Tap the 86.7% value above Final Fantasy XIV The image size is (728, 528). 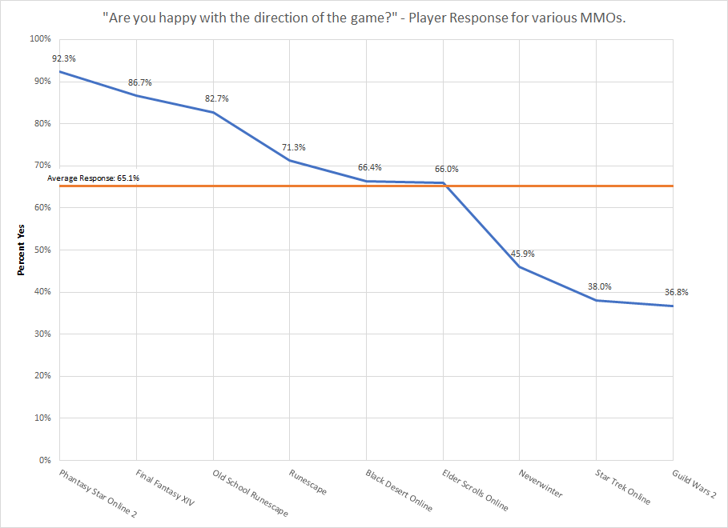tap(139, 82)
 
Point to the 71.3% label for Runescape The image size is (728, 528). tap(293, 147)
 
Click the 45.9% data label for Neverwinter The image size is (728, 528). tap(522, 254)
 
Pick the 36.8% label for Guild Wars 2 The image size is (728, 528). tap(676, 292)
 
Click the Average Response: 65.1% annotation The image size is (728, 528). tap(94, 178)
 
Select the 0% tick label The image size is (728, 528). tap(44, 460)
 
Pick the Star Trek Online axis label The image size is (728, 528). tap(621, 486)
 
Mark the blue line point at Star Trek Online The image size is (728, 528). tap(597, 300)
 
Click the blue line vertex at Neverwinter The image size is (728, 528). tap(520, 266)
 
